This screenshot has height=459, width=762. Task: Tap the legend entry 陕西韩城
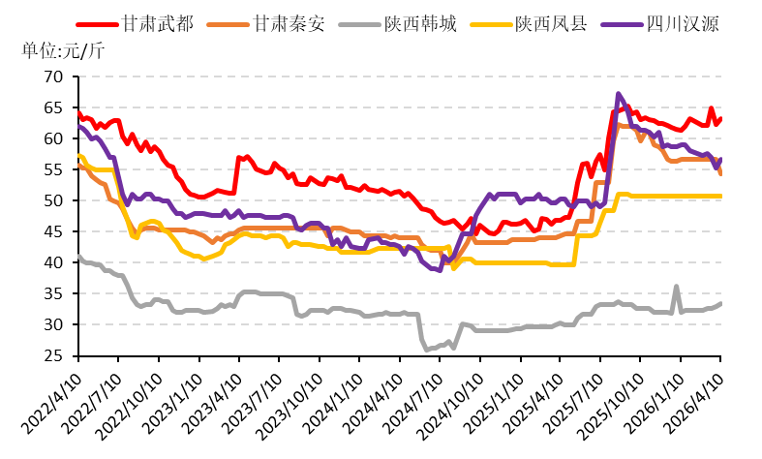coord(426,21)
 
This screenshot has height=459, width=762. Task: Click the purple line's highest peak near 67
coord(618,94)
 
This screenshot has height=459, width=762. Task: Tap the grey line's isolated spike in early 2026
coord(676,287)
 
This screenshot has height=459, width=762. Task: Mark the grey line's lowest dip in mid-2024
coord(428,350)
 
